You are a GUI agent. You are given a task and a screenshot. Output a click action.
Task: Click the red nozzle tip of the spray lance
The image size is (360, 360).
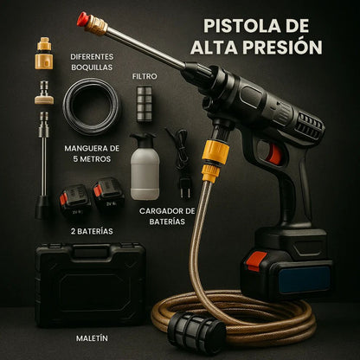click(83, 18)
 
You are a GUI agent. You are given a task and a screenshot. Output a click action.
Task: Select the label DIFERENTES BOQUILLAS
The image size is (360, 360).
click(92, 62)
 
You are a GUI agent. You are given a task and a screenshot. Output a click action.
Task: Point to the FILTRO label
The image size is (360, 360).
click(145, 76)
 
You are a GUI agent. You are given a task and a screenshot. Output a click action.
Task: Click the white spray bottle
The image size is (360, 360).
click(145, 166)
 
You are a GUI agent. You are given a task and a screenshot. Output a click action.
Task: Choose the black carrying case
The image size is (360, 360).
click(90, 282)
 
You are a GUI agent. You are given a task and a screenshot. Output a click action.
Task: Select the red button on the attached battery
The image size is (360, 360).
click(257, 260)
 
